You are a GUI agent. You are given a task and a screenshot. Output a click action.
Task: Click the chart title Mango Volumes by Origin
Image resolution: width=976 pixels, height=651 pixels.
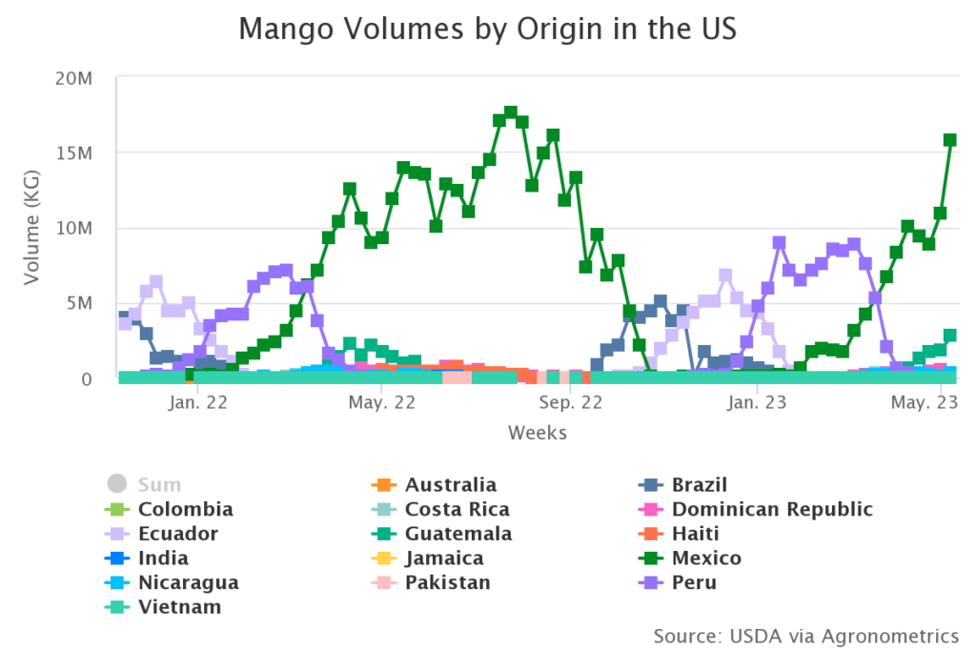coord(487,29)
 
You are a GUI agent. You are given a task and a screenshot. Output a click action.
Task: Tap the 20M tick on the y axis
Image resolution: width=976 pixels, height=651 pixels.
coord(73,77)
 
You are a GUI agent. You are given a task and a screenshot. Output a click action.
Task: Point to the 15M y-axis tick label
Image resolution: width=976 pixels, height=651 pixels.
coord(74,153)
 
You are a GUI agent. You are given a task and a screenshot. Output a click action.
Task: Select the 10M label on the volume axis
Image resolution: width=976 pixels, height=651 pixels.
coord(73,228)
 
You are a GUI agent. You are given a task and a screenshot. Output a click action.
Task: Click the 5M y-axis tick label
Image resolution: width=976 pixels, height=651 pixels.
coord(79,303)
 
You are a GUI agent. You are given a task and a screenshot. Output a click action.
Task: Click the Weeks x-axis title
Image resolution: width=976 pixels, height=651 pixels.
coord(538,434)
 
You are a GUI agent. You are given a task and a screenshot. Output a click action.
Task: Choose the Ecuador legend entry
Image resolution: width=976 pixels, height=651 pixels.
coord(177,534)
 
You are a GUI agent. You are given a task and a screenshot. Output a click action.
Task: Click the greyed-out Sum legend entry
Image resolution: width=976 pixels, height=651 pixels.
coord(159,484)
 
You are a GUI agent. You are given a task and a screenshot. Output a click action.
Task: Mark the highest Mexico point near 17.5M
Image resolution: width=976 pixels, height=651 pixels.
coord(511,112)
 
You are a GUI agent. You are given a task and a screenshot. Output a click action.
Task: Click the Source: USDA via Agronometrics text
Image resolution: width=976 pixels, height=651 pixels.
coord(805,635)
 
